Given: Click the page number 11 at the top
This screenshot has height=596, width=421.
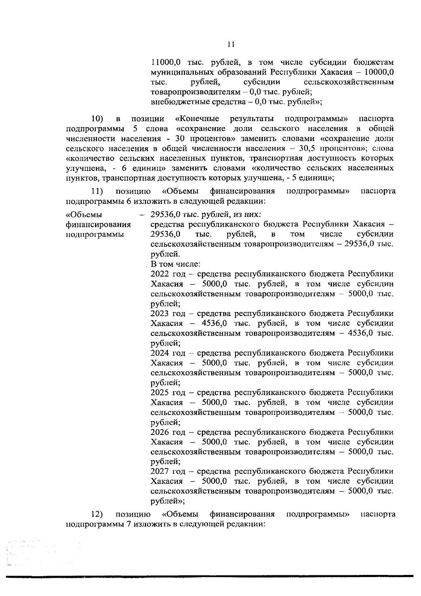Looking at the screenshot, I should click(230, 45).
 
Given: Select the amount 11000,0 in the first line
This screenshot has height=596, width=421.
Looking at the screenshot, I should click(165, 63).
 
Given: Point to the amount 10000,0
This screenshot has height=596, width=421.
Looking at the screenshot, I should click(379, 73).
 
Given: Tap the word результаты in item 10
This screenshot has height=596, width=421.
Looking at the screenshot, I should click(252, 119).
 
